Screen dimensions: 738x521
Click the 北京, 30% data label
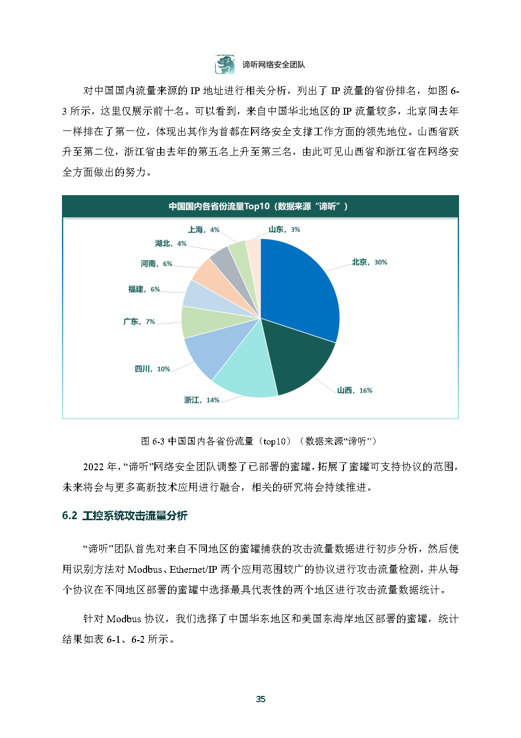tap(369, 262)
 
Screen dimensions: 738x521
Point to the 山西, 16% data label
tap(355, 390)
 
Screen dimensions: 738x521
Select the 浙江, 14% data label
tap(202, 400)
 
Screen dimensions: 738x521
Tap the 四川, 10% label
tap(152, 369)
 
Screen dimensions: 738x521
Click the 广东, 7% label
tap(139, 321)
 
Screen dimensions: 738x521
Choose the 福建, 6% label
tap(144, 289)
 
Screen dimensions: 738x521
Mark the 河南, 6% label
tap(157, 264)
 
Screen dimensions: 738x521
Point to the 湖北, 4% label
tap(171, 244)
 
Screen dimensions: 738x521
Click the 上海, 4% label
tap(204, 230)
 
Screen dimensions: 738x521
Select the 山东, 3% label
tap(284, 229)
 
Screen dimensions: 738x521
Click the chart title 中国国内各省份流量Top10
tap(258, 206)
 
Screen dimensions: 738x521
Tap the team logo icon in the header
tap(224, 64)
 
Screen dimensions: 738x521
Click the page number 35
tap(260, 699)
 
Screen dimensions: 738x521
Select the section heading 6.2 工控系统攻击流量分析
tap(125, 515)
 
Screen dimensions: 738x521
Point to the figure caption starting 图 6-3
tap(259, 441)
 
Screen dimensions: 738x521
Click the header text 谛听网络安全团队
tap(273, 65)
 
